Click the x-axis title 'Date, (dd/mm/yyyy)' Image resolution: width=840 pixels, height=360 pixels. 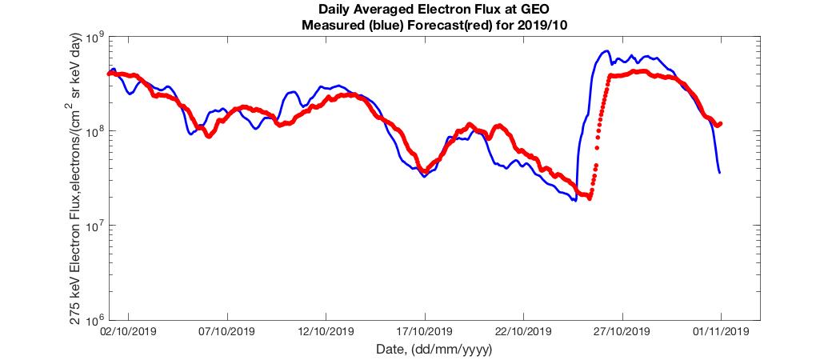pos(434,350)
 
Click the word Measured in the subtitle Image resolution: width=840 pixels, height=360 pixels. pos(331,25)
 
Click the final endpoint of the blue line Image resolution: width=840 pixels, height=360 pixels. pos(719,172)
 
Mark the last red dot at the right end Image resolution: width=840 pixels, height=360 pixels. pos(721,123)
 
